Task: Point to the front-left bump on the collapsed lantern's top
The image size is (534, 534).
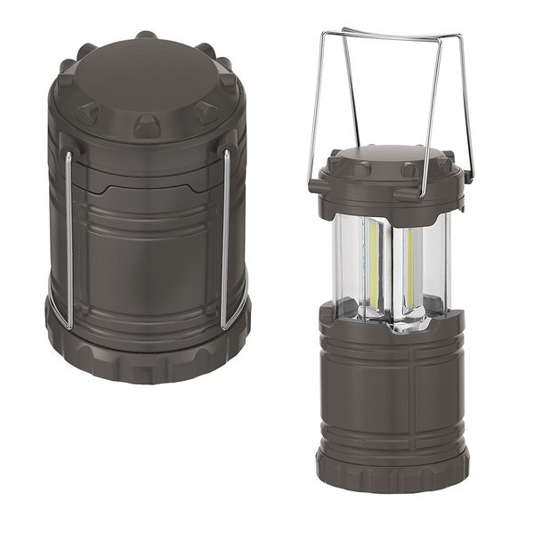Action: click(x=88, y=113)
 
